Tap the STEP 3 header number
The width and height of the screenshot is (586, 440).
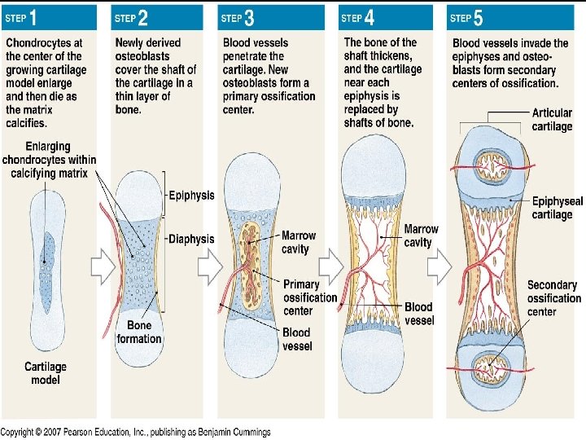249,16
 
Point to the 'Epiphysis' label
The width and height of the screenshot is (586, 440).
191,196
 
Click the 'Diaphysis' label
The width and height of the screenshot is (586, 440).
191,239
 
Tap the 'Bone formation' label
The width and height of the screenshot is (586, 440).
138,332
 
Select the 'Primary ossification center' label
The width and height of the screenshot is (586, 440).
309,297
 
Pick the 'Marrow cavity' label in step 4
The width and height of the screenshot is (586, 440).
421,235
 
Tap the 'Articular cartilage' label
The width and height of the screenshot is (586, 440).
552,120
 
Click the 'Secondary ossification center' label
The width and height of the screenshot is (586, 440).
553,298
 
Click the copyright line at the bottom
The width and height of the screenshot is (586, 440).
135,433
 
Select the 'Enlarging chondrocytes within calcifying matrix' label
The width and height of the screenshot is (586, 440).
49,161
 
